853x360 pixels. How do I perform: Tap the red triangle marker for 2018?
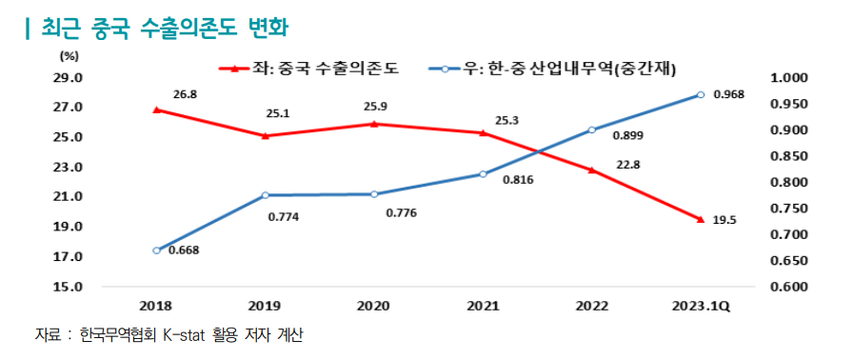156,110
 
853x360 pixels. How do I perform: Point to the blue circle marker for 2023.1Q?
700,94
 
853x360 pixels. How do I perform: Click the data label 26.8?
185,94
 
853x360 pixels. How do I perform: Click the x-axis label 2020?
373,307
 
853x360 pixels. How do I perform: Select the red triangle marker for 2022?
591,170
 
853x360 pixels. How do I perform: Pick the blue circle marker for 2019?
265,195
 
